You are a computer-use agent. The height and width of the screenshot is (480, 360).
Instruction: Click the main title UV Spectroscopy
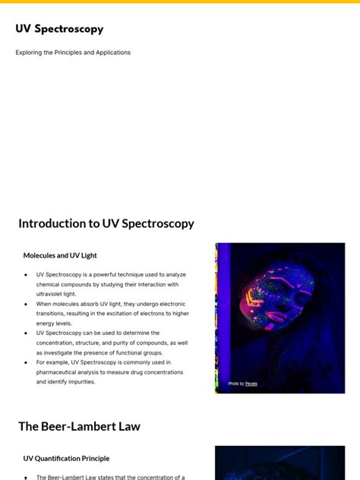59,29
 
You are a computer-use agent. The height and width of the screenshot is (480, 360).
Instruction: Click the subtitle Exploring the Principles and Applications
73,52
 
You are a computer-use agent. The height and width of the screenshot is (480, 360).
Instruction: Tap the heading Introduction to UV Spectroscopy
106,223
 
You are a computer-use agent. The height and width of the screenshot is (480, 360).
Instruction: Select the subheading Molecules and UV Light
60,255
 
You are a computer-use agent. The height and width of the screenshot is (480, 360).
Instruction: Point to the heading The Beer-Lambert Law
79,426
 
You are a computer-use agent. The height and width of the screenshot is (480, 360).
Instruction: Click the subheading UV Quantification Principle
66,458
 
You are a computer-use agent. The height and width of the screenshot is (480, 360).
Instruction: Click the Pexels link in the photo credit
251,384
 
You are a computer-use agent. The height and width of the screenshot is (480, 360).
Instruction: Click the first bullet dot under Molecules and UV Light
27,275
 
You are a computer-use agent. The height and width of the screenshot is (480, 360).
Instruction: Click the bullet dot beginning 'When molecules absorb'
27,304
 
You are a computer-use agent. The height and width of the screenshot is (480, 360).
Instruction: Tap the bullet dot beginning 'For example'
27,362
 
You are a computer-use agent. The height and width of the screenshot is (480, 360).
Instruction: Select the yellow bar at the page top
180,2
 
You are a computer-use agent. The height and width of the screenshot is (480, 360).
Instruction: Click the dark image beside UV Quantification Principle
279,463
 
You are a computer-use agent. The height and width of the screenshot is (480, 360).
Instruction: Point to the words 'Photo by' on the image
236,384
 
